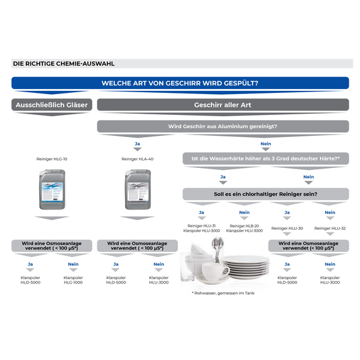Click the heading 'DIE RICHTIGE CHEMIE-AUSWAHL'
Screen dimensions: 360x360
(x=64, y=64)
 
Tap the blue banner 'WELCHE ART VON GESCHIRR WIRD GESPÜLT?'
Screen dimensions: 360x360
(x=180, y=83)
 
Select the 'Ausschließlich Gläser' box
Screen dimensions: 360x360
(x=52, y=105)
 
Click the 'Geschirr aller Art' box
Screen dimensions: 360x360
(x=223, y=105)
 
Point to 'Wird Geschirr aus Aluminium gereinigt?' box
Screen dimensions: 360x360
(x=223, y=126)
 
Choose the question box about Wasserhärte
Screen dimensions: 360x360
(x=266, y=159)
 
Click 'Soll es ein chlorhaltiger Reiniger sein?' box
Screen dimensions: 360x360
(x=266, y=194)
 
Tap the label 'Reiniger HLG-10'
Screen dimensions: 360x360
(x=52, y=159)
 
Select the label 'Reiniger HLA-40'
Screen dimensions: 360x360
(x=137, y=159)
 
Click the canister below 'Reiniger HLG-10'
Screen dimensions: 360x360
(x=52, y=189)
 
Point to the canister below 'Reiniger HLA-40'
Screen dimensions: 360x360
(x=138, y=189)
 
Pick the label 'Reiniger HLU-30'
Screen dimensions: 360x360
(x=287, y=228)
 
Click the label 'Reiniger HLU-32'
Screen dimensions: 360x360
(x=330, y=228)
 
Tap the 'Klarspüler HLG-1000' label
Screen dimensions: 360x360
(x=73, y=280)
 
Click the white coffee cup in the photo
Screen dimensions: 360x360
(x=215, y=272)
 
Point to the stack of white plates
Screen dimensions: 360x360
(x=245, y=267)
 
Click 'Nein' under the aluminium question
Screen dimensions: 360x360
(x=266, y=144)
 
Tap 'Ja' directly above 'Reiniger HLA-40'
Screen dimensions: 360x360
(x=137, y=144)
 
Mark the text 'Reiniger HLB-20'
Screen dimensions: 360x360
(x=244, y=226)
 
